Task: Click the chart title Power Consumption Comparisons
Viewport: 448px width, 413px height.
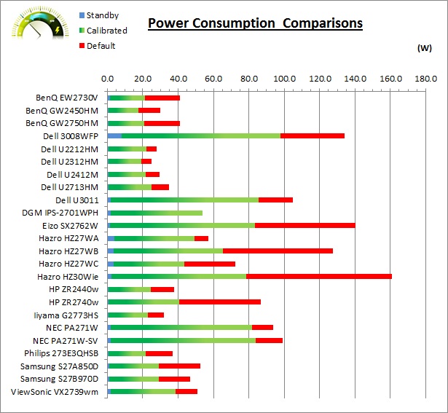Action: pos(255,23)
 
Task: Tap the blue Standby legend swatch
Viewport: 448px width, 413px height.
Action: pos(80,15)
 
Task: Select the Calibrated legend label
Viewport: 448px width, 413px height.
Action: pos(106,31)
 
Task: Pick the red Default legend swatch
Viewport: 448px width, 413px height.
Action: pos(80,46)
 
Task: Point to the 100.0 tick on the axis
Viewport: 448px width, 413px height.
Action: pos(284,78)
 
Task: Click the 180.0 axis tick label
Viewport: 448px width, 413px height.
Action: pos(425,78)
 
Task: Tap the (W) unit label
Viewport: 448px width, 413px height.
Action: pos(425,49)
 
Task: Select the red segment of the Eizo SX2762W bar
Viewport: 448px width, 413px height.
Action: pos(304,225)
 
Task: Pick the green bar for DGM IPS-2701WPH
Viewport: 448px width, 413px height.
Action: pos(155,213)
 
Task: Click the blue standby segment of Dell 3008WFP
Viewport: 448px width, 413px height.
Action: pos(114,135)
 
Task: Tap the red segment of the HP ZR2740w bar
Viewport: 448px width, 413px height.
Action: pos(219,302)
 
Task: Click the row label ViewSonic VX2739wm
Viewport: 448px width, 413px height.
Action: pos(55,393)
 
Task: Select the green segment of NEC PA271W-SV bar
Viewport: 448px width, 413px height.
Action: pos(183,341)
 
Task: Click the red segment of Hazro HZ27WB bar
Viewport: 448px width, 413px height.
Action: pos(278,251)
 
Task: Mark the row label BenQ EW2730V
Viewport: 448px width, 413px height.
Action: pos(66,98)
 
